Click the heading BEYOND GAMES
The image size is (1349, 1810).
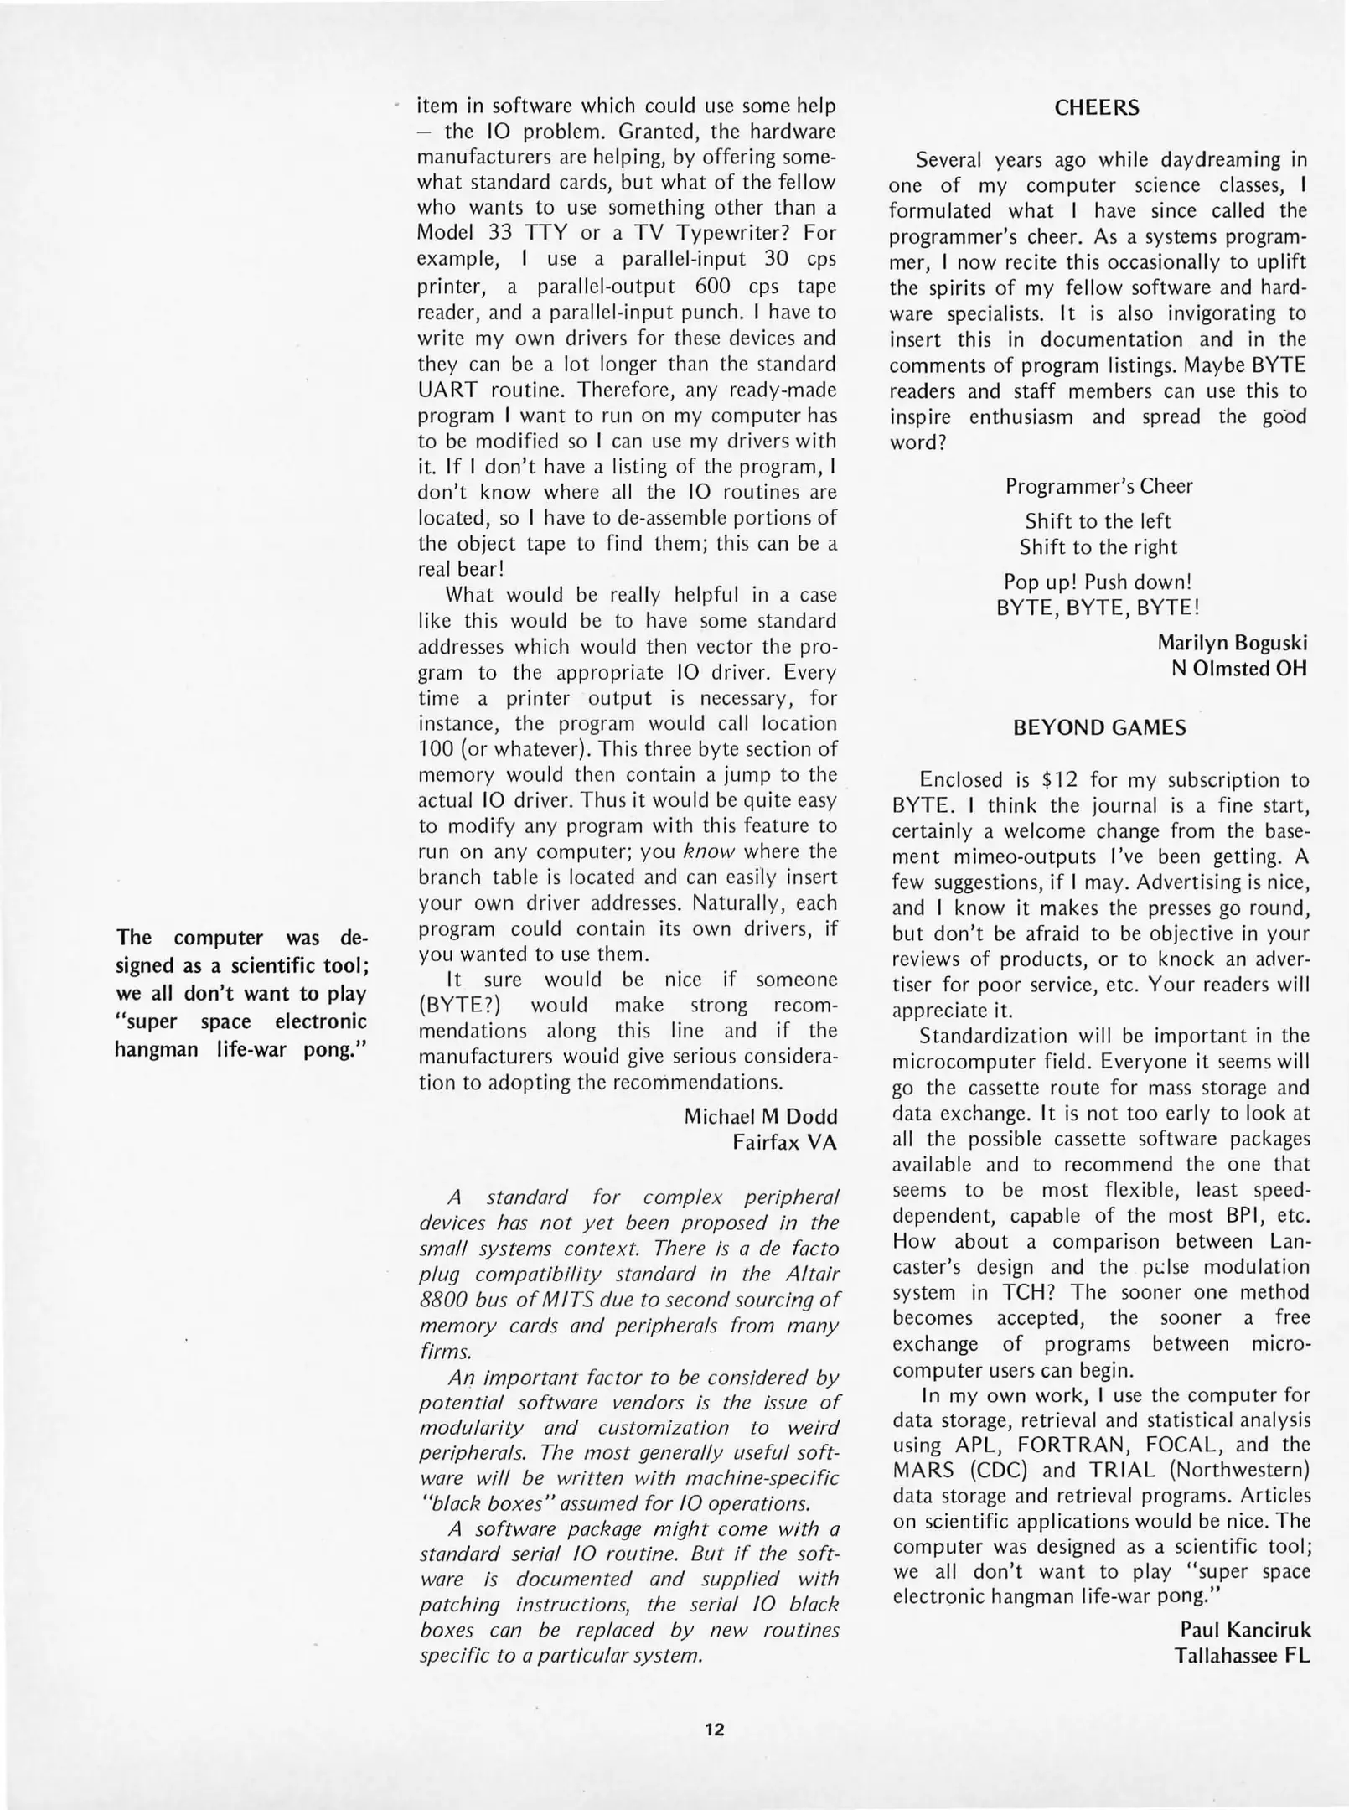pos(1099,727)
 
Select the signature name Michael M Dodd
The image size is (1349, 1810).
pos(760,1116)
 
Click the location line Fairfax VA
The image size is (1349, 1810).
pos(784,1142)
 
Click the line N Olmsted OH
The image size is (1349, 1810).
pos(1238,668)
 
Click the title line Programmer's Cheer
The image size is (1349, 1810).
pos(1098,486)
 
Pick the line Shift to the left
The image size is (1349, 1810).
pos(1098,520)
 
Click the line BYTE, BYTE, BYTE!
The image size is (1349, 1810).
pos(1098,607)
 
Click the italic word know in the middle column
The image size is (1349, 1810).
pos(709,852)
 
